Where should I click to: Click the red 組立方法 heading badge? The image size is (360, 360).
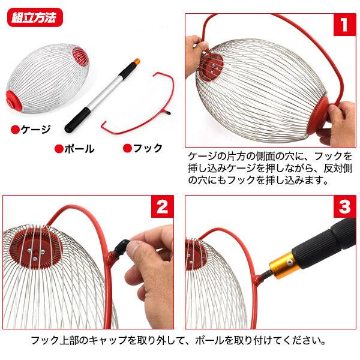click(x=34, y=16)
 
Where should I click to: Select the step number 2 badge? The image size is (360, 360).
click(x=161, y=208)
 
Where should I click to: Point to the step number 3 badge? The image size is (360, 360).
click(x=344, y=208)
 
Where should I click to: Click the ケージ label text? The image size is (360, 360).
click(x=36, y=129)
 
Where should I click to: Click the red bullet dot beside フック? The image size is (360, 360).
click(x=127, y=148)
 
